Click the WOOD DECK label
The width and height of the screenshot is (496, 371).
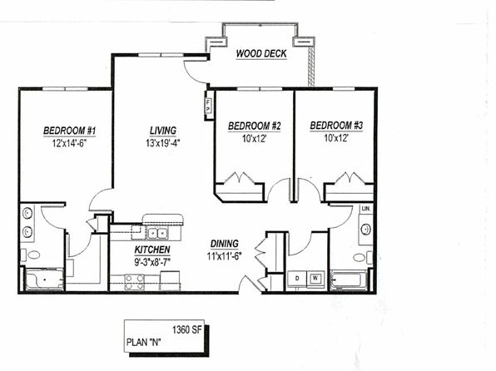pos(261,53)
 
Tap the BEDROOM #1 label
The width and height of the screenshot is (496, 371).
pos(70,131)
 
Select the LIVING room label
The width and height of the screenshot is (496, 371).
pos(163,131)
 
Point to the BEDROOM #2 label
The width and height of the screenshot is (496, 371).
pos(255,126)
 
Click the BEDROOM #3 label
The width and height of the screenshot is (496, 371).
pos(336,126)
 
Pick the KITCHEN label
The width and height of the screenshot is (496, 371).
pos(152,250)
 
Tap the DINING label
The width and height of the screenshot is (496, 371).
pos(225,244)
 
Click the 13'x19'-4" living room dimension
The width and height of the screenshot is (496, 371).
pos(163,143)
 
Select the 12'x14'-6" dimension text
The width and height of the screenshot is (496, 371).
pos(70,144)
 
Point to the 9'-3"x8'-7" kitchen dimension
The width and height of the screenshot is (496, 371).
pos(152,263)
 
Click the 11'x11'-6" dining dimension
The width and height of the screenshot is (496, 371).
pos(225,256)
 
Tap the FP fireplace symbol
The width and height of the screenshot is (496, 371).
pos(208,106)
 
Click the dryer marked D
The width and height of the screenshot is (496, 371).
pos(297,279)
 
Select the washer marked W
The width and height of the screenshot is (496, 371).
pos(315,279)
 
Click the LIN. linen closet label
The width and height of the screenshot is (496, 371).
pos(365,209)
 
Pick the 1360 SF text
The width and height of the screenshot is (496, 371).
pos(187,330)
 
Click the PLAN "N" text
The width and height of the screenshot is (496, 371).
pos(143,342)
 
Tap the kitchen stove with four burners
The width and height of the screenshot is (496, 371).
pos(135,282)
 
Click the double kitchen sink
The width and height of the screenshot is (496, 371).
pos(157,234)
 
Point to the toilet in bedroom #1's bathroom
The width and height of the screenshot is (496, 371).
pos(31,255)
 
